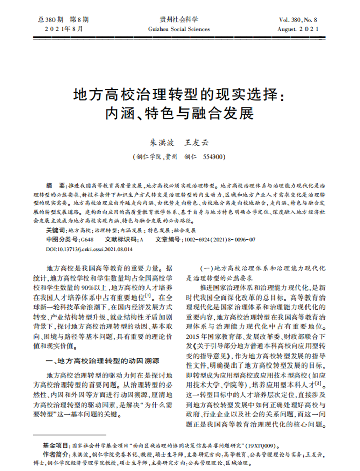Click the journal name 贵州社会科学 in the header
pos(179,20)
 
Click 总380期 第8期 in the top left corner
pos(60,20)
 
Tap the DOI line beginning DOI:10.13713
pos(89,249)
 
